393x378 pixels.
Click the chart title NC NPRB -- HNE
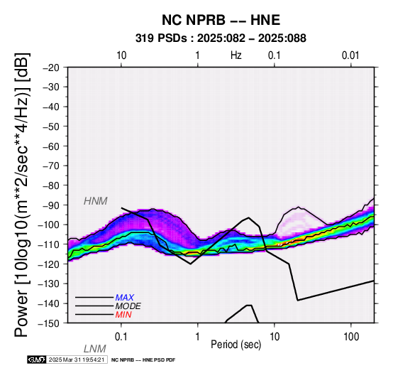coord(221,20)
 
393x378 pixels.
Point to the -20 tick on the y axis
coord(51,67)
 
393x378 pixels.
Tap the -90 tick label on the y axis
coord(51,205)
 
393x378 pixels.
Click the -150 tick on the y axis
coord(49,323)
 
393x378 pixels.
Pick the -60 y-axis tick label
coord(51,146)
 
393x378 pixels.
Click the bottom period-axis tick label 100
coord(351,337)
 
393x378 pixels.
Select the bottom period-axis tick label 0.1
coord(121,337)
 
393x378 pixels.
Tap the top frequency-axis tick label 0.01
coord(350,55)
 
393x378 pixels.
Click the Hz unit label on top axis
coord(236,55)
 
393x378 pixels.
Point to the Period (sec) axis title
coord(236,345)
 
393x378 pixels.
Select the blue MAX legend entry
coord(125,298)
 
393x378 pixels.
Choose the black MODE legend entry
coord(128,306)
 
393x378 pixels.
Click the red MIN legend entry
coord(123,315)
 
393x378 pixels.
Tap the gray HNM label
coord(96,201)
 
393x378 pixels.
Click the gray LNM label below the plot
coord(95,349)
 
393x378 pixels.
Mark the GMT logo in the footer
coord(37,360)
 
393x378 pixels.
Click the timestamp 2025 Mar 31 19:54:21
coord(77,360)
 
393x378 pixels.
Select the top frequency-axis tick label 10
coord(121,55)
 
